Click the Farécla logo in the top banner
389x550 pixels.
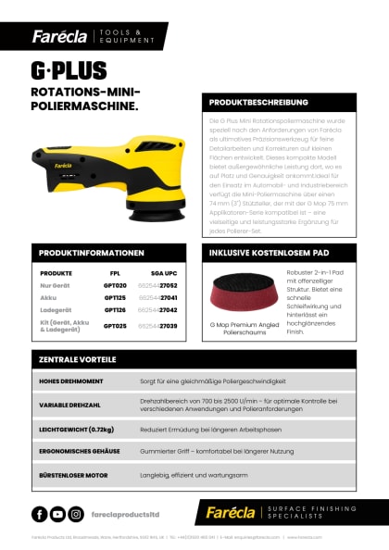(59, 36)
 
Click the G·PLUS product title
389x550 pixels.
(69, 70)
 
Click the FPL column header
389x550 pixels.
(115, 274)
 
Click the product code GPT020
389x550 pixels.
(115, 286)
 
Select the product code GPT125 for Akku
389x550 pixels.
(115, 298)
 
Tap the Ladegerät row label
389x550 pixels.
(56, 310)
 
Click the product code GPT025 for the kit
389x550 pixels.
(115, 325)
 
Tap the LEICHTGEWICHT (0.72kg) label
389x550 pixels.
(76, 429)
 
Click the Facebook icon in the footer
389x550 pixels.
(40, 514)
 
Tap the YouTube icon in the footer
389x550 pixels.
(57, 514)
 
